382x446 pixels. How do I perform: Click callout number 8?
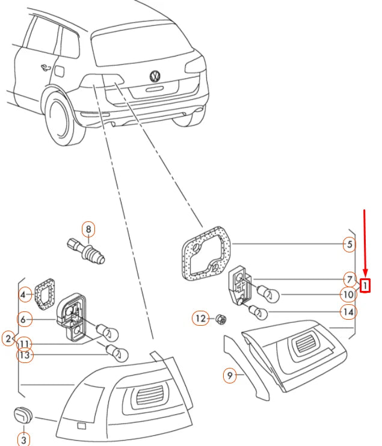click(x=88, y=229)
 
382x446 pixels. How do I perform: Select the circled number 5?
click(x=348, y=244)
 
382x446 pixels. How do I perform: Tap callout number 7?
click(x=348, y=279)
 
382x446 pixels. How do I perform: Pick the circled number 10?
click(x=348, y=295)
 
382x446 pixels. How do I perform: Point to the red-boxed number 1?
click(x=365, y=284)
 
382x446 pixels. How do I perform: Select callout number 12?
click(x=200, y=317)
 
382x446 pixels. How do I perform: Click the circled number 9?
click(x=229, y=376)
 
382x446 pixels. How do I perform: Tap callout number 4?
click(x=25, y=295)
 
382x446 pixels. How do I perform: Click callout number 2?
click(x=8, y=339)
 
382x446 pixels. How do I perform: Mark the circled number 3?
click(x=24, y=440)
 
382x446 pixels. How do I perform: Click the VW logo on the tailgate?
click(x=155, y=76)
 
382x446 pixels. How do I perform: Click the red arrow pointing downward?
click(x=365, y=240)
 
